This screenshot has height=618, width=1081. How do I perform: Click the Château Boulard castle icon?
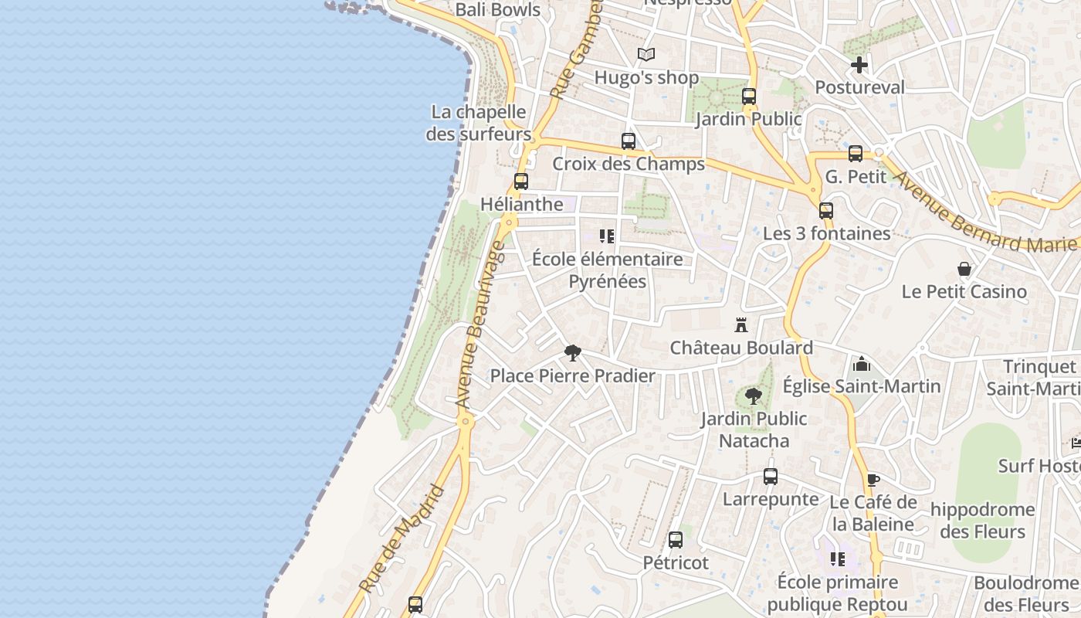[741, 324]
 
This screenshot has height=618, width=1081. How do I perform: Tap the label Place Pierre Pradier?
[573, 376]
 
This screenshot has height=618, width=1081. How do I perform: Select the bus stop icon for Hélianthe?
[521, 182]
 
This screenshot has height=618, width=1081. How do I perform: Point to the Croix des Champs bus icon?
[629, 141]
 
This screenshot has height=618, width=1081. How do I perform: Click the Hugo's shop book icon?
[646, 55]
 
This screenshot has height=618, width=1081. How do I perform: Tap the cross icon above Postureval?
[859, 65]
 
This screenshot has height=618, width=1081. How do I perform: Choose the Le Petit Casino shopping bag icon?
[964, 269]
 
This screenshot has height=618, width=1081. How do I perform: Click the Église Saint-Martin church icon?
[862, 363]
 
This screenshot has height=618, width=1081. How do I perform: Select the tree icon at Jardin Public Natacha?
[754, 396]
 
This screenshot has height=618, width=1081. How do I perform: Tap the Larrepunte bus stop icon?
[771, 477]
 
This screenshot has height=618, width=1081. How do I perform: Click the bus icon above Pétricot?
[676, 540]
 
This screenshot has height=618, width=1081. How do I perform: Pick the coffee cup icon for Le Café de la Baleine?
[873, 480]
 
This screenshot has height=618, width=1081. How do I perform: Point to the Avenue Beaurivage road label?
[480, 324]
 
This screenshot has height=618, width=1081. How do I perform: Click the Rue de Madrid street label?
[402, 539]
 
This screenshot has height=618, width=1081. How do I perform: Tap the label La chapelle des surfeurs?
[479, 123]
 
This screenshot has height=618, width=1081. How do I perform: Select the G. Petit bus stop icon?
[856, 154]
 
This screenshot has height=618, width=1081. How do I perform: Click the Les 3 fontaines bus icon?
[826, 210]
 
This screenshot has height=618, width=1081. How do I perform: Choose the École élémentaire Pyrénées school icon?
[607, 236]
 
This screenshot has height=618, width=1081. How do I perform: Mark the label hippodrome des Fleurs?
[982, 521]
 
